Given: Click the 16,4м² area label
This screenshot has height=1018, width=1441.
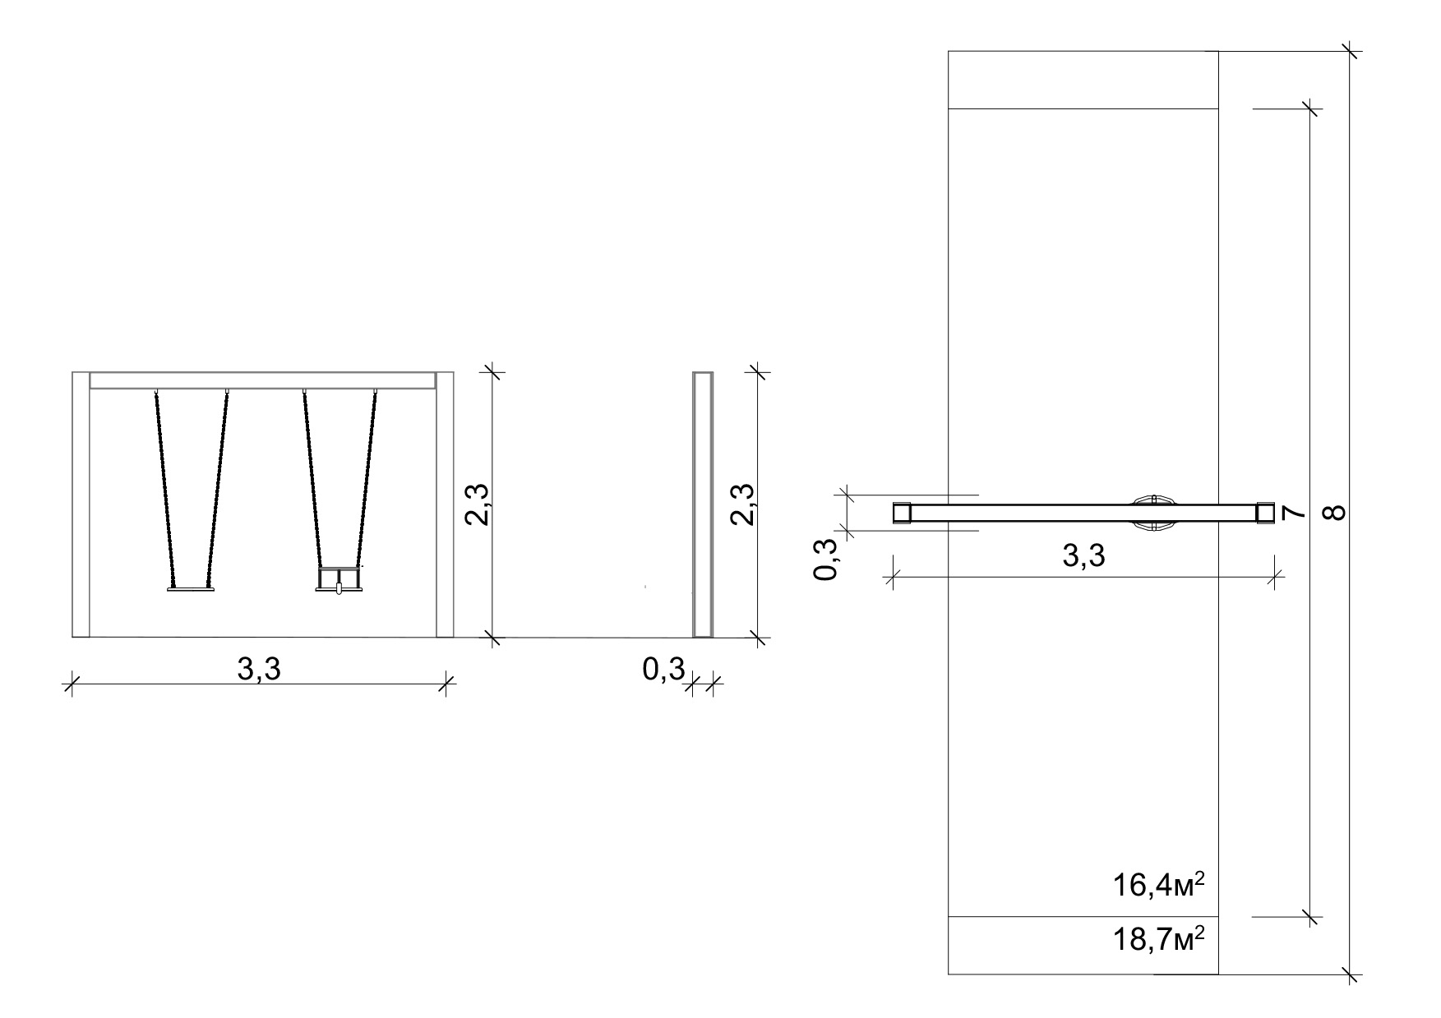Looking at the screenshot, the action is (x=1159, y=886).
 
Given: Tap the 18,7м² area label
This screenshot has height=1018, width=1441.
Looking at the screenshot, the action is (x=1159, y=939).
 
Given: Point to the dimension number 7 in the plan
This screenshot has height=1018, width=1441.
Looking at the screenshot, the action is (x=1292, y=513).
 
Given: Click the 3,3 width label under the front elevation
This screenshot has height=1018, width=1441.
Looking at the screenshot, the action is (x=259, y=670).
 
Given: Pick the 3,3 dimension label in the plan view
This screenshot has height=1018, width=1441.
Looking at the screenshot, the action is (x=1083, y=556).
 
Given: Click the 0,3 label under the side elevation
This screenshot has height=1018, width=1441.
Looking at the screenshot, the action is (x=663, y=670).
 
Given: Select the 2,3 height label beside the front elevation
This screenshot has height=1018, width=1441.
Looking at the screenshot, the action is (x=478, y=504).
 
